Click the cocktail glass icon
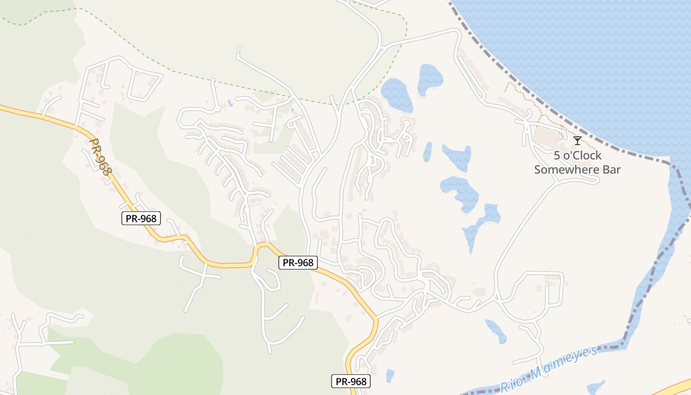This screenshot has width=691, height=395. [577, 141]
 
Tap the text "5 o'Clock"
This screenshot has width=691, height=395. [577, 156]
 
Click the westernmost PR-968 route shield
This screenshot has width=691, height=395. [141, 218]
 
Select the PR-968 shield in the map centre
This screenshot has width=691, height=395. [298, 263]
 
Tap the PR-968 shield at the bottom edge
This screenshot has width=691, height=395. [350, 381]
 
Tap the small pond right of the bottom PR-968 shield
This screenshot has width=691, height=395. [390, 375]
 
